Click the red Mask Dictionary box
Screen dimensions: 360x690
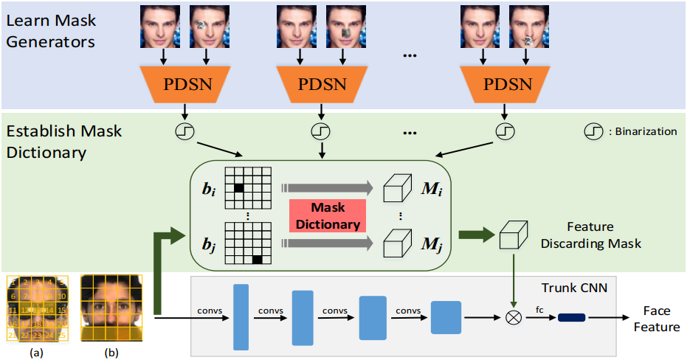pos(326,216)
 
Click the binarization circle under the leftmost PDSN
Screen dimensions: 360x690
pos(183,131)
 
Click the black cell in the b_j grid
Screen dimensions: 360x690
pos(257,259)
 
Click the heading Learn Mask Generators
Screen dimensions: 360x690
pos(51,31)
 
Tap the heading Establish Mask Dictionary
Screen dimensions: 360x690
pos(63,143)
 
